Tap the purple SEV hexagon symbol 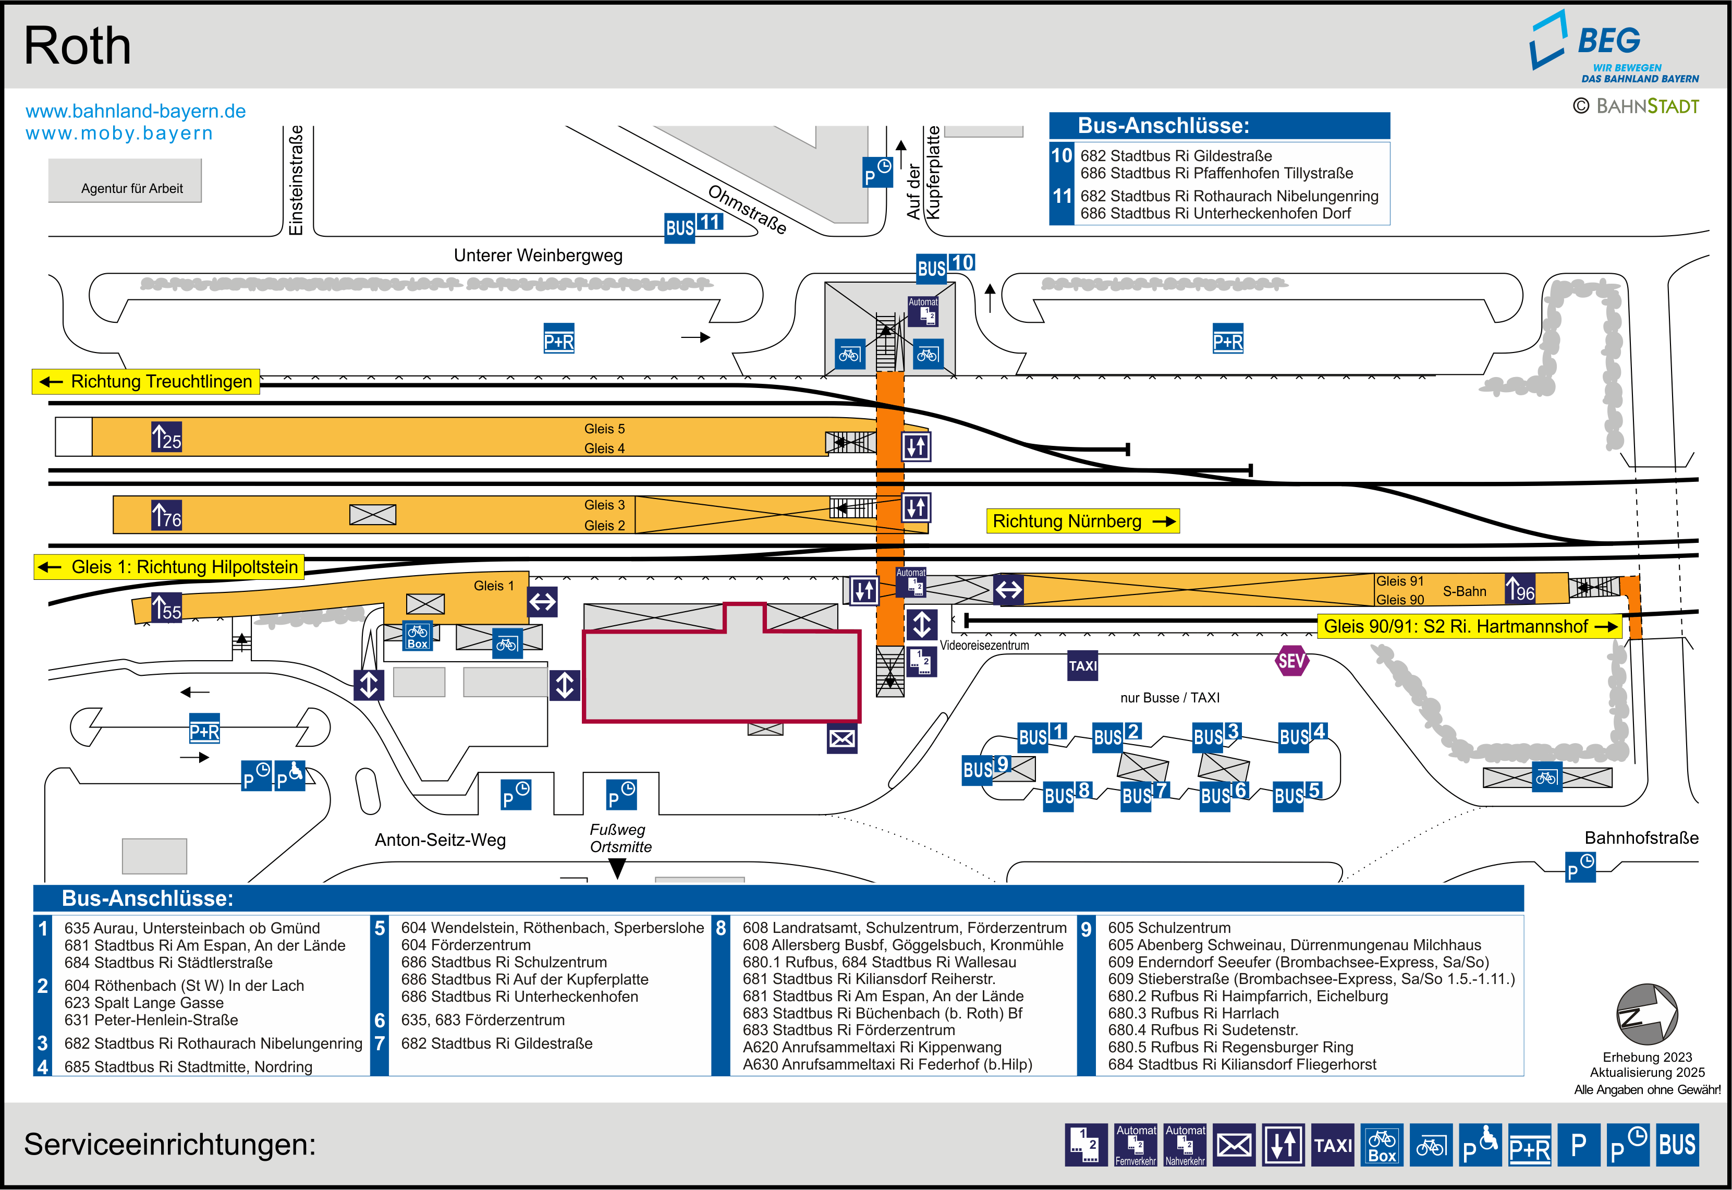1291,661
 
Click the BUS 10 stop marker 945,266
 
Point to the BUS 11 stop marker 693,225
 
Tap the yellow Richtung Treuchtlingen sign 146,382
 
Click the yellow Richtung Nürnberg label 1082,521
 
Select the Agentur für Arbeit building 125,181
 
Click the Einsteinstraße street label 296,180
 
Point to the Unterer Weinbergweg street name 538,256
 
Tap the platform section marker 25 166,437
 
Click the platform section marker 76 166,515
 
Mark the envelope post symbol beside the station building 841,739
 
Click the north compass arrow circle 1646,1014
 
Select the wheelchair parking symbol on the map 289,776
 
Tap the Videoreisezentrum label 984,646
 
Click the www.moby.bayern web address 119,133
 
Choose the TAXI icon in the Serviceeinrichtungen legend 1333,1145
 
